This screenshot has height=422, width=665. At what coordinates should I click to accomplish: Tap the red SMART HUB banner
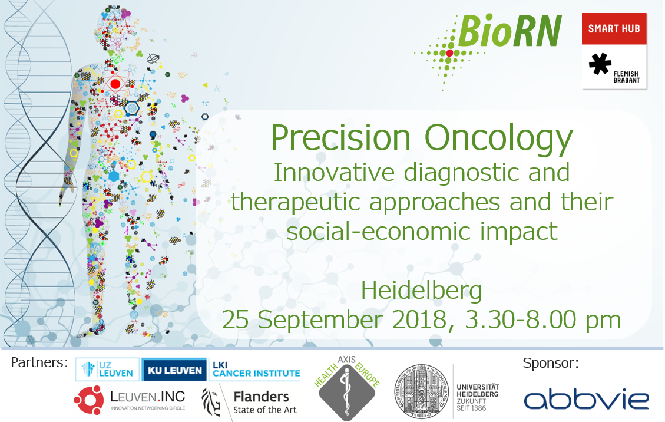pyautogui.click(x=614, y=28)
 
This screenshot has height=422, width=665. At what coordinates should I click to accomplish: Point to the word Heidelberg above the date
pyautogui.click(x=422, y=291)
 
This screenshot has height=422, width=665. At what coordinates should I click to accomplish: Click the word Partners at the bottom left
pyautogui.click(x=39, y=362)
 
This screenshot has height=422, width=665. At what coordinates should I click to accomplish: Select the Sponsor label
pyautogui.click(x=551, y=363)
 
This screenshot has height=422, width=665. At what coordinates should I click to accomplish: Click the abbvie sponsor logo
pyautogui.click(x=587, y=398)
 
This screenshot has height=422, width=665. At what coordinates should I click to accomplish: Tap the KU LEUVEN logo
pyautogui.click(x=174, y=370)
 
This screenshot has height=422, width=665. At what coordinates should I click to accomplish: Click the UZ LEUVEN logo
pyautogui.click(x=108, y=370)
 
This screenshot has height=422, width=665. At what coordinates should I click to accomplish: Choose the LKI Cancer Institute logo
pyautogui.click(x=256, y=370)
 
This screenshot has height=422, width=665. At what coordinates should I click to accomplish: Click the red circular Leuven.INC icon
pyautogui.click(x=88, y=400)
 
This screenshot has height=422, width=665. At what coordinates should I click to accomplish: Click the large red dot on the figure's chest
pyautogui.click(x=115, y=84)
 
